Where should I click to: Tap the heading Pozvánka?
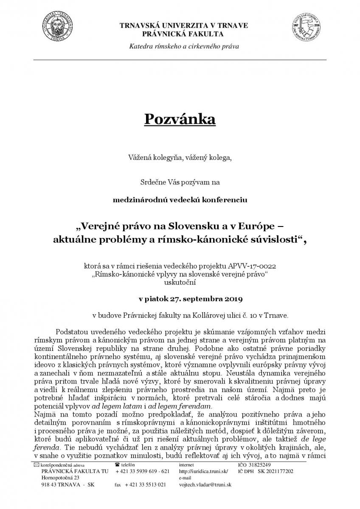(x=180, y=119)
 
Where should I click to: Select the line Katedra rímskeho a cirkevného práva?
(x=184, y=46)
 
